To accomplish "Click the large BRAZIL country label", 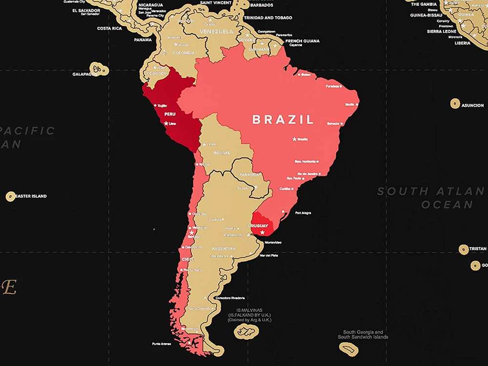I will point(283,120).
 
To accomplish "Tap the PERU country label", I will point(170,114).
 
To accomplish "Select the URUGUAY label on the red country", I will point(258,225).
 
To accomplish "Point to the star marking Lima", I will point(166,123).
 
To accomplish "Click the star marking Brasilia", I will point(294,139).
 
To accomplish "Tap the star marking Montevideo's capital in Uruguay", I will point(263,233).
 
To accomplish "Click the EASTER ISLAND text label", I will point(31,196).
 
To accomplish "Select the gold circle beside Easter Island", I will point(10,196).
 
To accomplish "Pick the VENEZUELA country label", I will point(217,32).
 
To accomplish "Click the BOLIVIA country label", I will point(222,153).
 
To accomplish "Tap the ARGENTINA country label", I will point(224,248).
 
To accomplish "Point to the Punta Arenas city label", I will point(162,344).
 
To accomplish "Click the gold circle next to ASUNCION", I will point(455,103).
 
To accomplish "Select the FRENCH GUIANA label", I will point(303,41).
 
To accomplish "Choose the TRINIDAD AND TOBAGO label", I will point(268,18).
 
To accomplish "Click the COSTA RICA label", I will point(109,28).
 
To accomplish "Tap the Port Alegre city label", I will point(303,213).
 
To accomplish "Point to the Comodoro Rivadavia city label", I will point(230,298).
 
